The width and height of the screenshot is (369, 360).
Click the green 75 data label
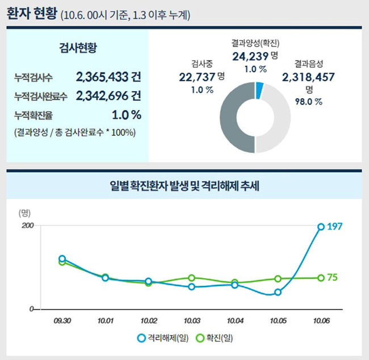pyautogui.click(x=333, y=277)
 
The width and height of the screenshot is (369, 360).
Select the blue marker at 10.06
pyautogui.click(x=321, y=227)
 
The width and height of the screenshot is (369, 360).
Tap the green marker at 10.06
pyautogui.click(x=321, y=278)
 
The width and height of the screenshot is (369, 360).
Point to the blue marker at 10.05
pyautogui.click(x=278, y=293)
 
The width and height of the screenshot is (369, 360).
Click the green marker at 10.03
pyautogui.click(x=192, y=278)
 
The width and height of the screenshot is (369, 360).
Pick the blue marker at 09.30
pyautogui.click(x=62, y=259)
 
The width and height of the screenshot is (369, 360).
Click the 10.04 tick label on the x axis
pyautogui.click(x=235, y=321)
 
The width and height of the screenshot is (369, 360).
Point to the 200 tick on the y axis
pyautogui.click(x=28, y=226)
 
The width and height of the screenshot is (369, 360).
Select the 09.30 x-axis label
pyautogui.click(x=62, y=321)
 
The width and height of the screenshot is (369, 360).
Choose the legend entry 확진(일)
pyautogui.click(x=214, y=338)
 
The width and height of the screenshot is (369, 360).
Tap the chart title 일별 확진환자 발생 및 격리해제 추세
pyautogui.click(x=184, y=185)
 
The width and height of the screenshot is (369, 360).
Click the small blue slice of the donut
pyautogui.click(x=259, y=90)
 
